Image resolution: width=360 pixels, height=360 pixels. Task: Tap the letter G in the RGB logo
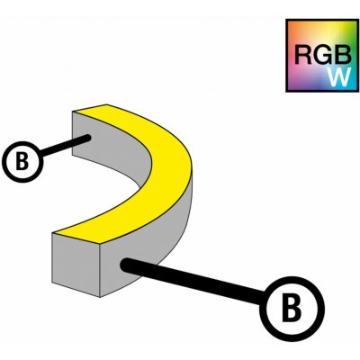coord(323,55)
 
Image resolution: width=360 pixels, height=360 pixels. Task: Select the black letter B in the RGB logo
coord(343,55)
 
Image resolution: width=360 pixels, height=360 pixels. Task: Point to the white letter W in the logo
coord(339,76)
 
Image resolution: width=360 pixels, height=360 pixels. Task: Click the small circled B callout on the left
coord(22,161)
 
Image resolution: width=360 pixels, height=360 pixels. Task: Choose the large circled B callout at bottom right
coord(292,309)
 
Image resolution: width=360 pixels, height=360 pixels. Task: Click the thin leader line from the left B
coord(65,146)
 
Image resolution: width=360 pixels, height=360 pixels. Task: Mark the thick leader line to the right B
coord(193,281)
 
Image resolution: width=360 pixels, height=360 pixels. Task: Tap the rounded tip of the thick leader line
coord(123,264)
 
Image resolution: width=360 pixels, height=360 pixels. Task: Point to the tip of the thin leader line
coord(89,138)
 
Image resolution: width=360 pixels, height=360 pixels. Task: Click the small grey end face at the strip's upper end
coord(78,133)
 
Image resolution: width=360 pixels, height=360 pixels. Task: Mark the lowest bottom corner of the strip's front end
coord(99,297)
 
